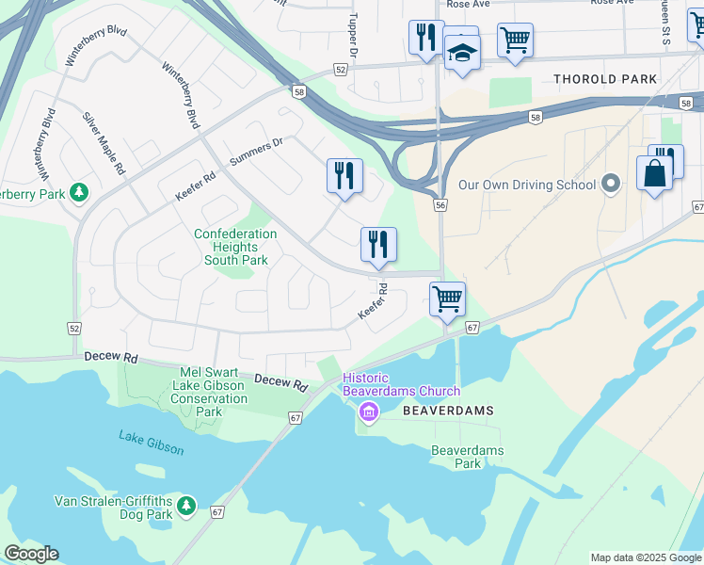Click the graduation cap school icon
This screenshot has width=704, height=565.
(462, 53)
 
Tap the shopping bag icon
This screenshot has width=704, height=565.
(654, 174)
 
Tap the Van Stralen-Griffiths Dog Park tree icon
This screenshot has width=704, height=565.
(186, 507)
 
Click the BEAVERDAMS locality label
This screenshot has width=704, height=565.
(448, 412)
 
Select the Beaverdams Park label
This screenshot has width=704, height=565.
(468, 457)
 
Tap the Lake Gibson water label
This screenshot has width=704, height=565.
(152, 442)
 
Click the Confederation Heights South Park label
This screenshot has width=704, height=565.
(235, 247)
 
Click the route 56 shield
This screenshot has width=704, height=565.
(440, 204)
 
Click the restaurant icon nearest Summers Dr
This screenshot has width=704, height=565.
(344, 175)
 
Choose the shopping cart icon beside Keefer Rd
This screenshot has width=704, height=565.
(447, 299)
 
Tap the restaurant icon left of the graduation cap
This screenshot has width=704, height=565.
(426, 38)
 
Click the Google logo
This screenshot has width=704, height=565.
(31, 554)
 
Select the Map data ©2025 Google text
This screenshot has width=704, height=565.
(645, 557)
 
